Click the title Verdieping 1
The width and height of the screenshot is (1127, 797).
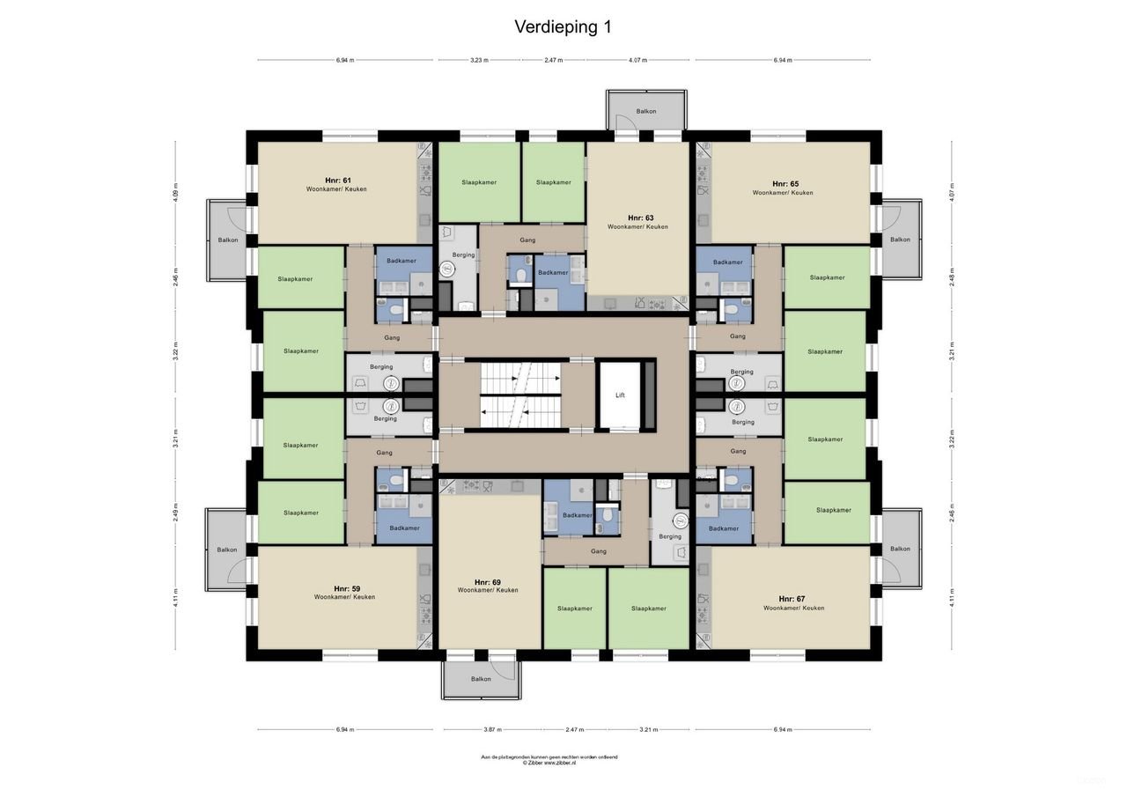coord(563,27)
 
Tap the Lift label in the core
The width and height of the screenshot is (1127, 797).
coord(619,396)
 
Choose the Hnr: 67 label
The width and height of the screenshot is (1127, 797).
coord(792,599)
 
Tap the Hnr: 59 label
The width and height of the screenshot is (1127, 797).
coord(346,588)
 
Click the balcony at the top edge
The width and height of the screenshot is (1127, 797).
coord(646,112)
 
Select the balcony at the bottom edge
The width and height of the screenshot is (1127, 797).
coord(481,679)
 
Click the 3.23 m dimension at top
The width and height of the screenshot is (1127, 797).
coord(478,61)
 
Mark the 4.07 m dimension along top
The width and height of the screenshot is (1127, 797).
coord(638,61)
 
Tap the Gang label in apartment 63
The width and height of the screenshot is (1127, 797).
coord(527,240)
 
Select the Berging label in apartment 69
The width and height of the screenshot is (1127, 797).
coord(670,536)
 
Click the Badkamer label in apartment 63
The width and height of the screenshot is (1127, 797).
coord(553,272)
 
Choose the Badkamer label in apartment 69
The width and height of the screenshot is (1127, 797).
coord(578,515)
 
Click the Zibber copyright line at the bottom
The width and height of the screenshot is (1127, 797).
coord(549,764)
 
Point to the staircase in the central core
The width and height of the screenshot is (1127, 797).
coord(520,395)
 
